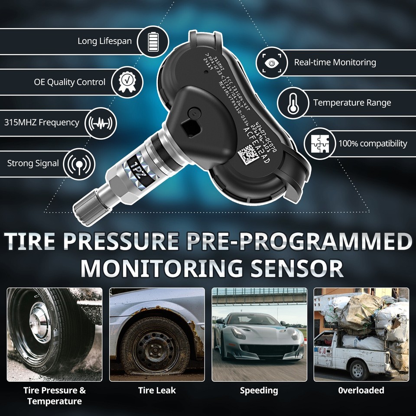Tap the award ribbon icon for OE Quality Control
point(127,82)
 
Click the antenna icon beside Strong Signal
point(79,163)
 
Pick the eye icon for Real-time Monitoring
point(272,62)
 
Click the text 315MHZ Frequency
point(42,122)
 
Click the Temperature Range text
point(352,103)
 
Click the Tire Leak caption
point(157,390)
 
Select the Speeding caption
point(259,390)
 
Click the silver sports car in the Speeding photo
point(259,338)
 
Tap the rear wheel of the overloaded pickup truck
point(359,369)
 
